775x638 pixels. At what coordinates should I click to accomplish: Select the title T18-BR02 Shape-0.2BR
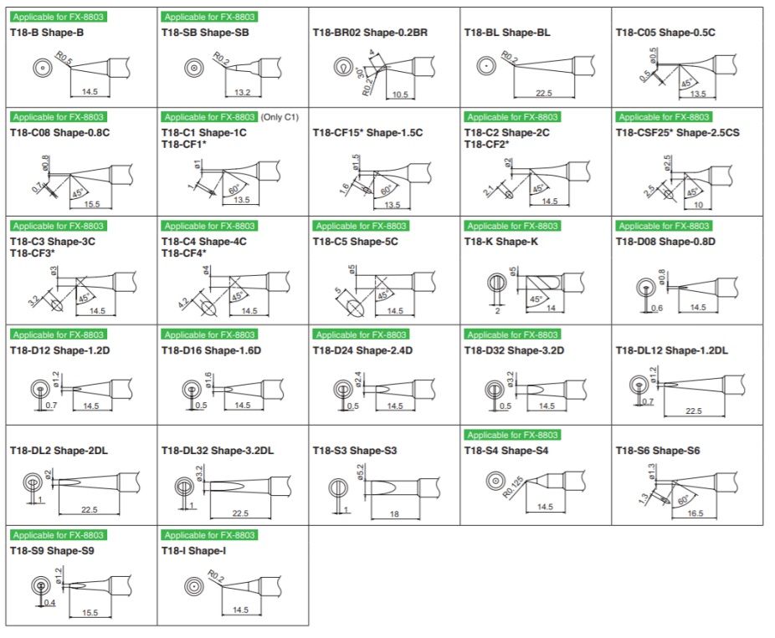click(x=370, y=33)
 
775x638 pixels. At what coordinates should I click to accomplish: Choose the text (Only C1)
click(x=280, y=117)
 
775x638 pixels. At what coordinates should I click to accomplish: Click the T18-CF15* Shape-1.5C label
click(x=367, y=132)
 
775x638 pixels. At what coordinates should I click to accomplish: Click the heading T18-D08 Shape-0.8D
click(x=665, y=241)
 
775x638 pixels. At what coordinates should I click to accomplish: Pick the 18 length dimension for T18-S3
click(x=394, y=513)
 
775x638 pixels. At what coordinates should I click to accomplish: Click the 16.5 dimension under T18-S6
click(x=695, y=513)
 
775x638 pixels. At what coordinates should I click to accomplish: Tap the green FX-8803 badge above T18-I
click(x=209, y=535)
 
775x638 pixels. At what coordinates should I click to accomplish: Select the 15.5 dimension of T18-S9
click(x=90, y=613)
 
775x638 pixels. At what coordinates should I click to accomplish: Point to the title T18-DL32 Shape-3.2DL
click(x=218, y=451)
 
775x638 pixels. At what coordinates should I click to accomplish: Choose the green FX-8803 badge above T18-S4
click(x=512, y=435)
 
